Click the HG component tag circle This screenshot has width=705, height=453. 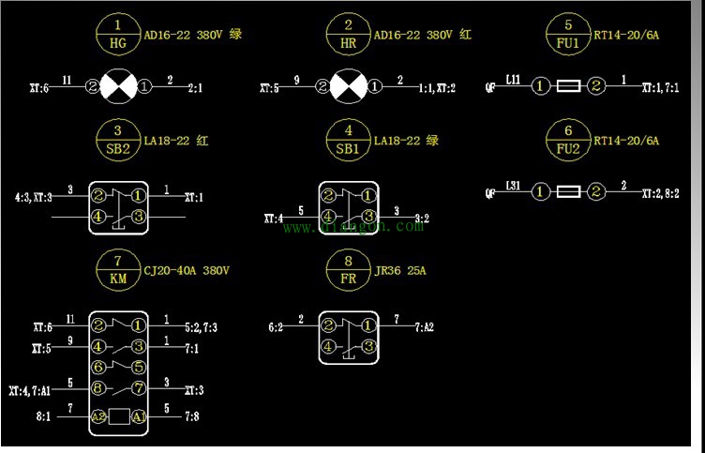point(117,36)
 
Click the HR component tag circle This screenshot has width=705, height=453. point(348,36)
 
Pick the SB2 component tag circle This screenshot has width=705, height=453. point(117,141)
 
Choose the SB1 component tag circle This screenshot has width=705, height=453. point(348,141)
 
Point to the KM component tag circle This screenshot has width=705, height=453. point(117,270)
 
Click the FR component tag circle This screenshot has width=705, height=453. point(348,270)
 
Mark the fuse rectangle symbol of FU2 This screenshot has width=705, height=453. point(569,192)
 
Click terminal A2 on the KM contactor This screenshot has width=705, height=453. point(99,415)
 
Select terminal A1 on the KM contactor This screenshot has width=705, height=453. point(139,415)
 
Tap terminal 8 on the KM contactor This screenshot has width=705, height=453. point(98,389)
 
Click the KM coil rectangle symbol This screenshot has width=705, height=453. point(119,415)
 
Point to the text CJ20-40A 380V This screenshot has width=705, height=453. point(187,270)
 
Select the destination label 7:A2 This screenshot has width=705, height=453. point(426,327)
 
